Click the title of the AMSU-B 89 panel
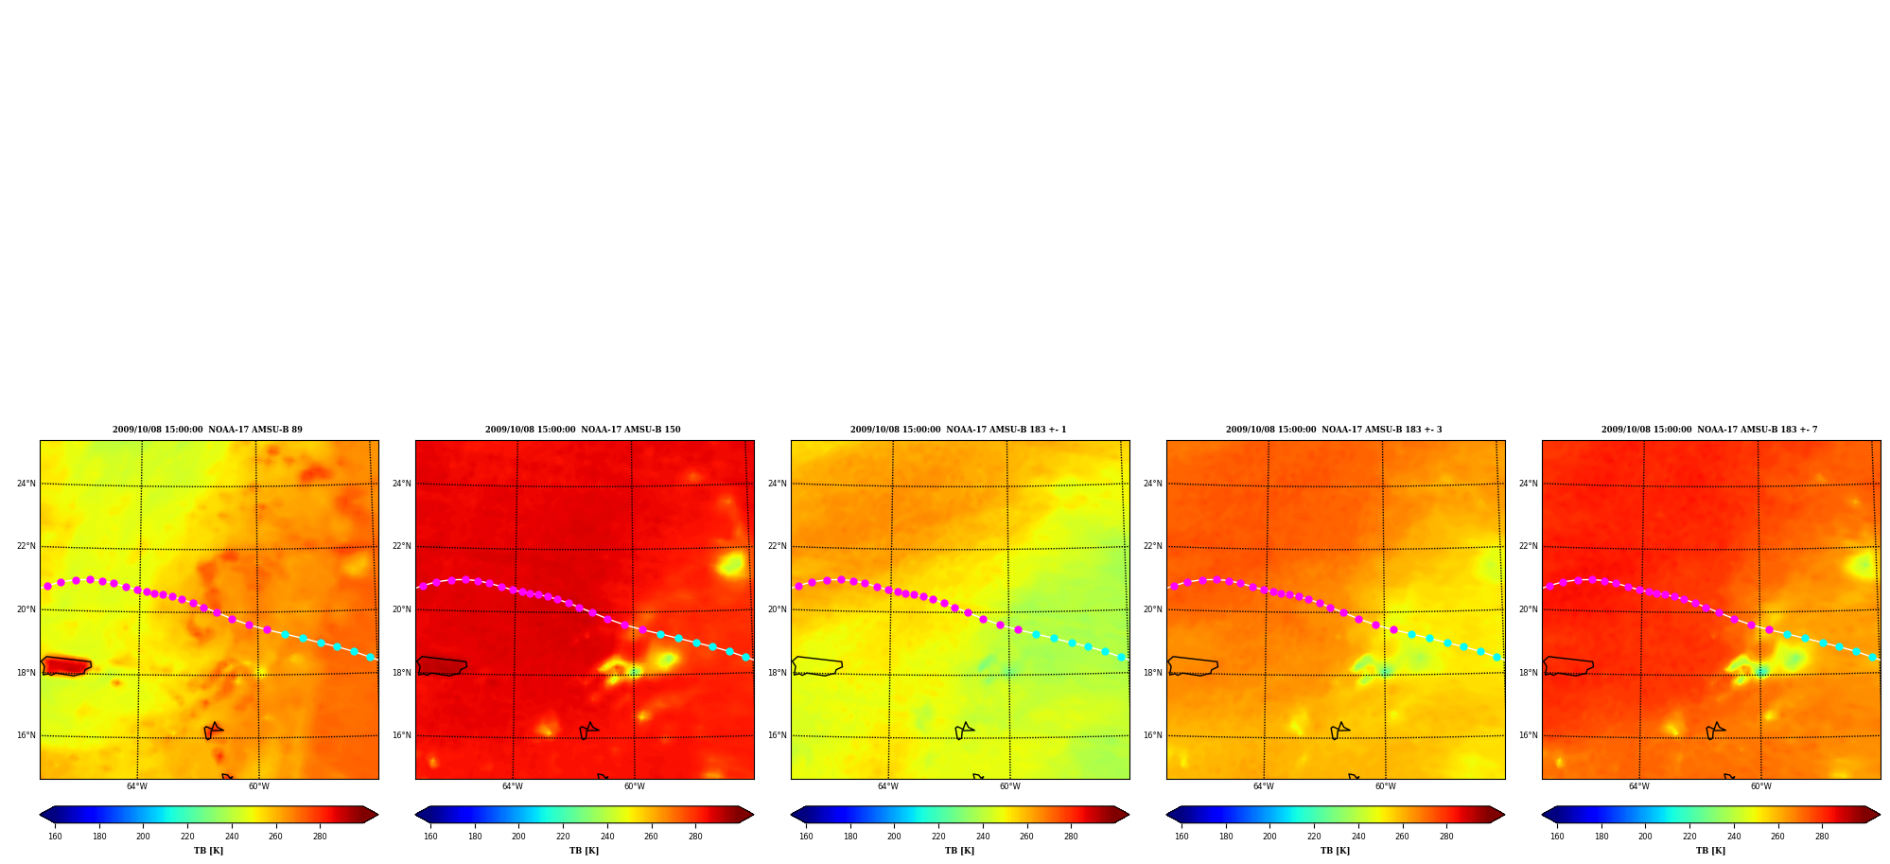[207, 430]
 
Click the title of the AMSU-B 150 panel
[583, 430]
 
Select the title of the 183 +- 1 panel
[958, 430]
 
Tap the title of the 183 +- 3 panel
[1334, 430]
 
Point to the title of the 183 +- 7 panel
[1709, 430]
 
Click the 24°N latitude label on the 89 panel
[26, 484]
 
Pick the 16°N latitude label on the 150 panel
[401, 735]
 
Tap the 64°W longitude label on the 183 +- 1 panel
[887, 786]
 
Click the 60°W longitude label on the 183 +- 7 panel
[1760, 786]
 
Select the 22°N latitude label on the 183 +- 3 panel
[1152, 546]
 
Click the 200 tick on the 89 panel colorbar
[143, 837]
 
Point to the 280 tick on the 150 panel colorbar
[695, 837]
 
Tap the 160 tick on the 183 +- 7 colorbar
[1557, 837]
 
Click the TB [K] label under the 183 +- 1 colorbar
[959, 851]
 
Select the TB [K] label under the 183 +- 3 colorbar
[1335, 851]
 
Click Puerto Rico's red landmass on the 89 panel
[66, 666]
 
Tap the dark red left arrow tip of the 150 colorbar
[417, 814]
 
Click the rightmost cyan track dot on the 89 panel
[370, 657]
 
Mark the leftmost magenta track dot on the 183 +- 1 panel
[798, 587]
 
